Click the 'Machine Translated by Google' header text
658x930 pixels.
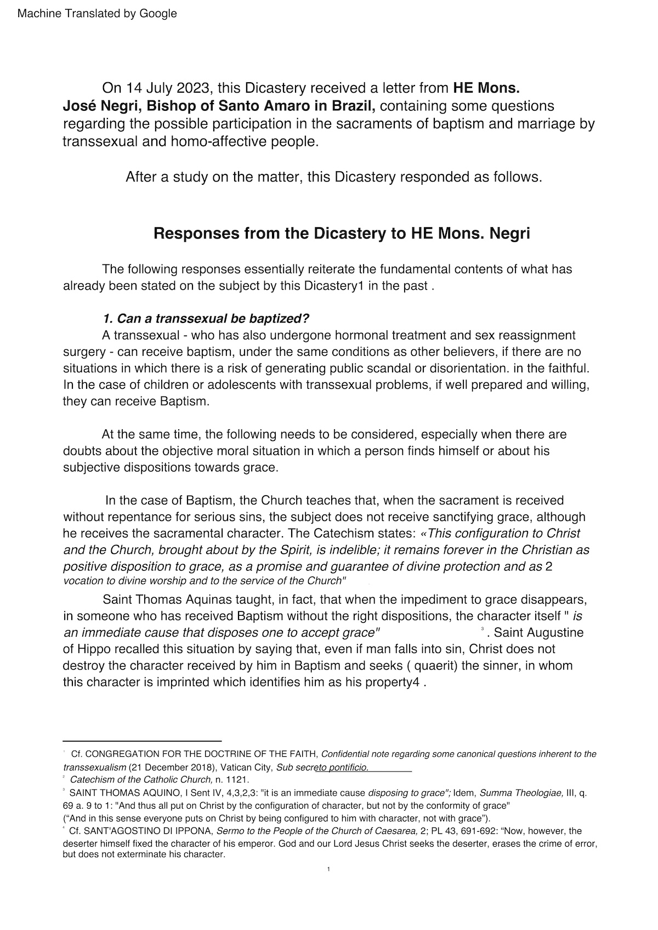click(x=97, y=14)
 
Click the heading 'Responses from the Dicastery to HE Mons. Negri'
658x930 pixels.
click(x=342, y=234)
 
